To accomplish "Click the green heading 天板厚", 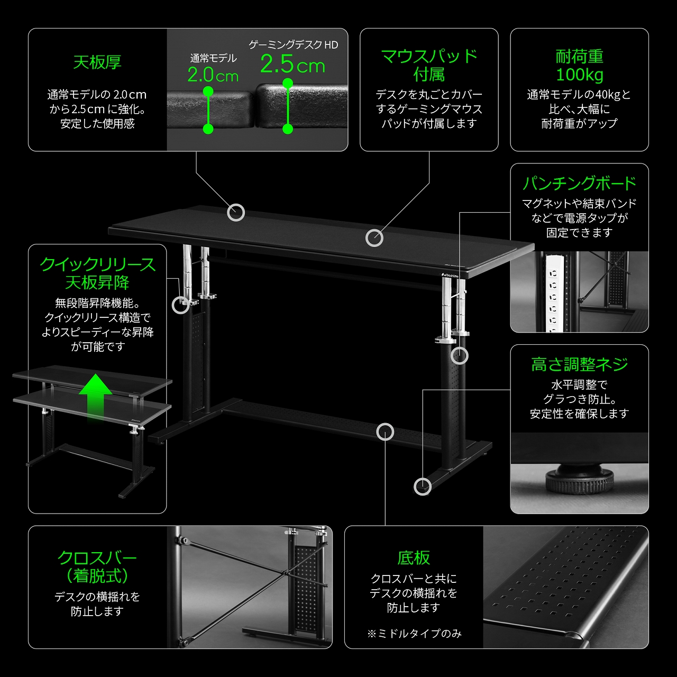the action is (x=97, y=62).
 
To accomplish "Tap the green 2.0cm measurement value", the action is (x=213, y=75).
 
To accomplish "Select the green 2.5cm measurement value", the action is (x=292, y=65).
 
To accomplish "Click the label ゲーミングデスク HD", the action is (x=294, y=44).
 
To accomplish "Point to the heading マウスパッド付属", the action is (x=429, y=66).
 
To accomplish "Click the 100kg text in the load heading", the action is (x=579, y=75).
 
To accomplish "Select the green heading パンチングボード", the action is (x=579, y=184).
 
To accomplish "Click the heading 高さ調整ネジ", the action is (x=579, y=364).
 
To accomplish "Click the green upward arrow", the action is (x=95, y=397).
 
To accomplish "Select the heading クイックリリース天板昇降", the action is (x=97, y=273).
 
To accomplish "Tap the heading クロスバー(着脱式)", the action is (x=97, y=566).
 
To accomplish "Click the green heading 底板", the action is (x=414, y=558).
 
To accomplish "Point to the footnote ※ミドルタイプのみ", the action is (x=414, y=634).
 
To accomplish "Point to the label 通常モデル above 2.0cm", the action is (x=213, y=58).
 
